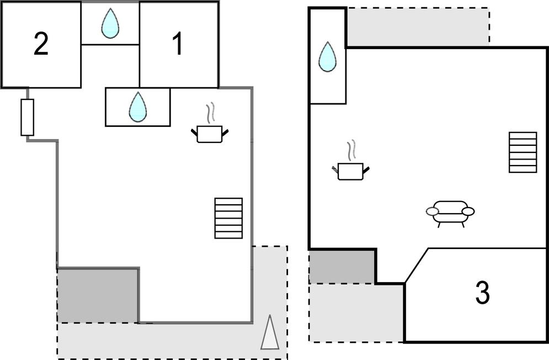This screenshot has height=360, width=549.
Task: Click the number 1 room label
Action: (x=178, y=44)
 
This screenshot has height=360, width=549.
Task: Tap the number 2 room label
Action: (x=41, y=45)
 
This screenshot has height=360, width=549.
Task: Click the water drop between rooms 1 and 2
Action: (x=110, y=24)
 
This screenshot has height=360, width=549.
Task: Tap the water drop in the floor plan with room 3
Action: (x=327, y=57)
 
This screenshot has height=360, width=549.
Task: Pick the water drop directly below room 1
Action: (x=137, y=107)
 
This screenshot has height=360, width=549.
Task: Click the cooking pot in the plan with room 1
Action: (x=210, y=134)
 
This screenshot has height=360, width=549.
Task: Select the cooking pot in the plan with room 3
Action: (x=350, y=171)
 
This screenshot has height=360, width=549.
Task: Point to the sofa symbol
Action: (x=450, y=210)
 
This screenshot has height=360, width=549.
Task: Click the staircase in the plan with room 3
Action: (x=523, y=152)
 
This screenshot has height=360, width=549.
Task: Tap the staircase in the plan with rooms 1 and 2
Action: (x=228, y=218)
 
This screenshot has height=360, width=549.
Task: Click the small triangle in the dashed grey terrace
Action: (x=269, y=333)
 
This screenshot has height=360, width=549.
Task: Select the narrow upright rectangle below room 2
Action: (x=28, y=117)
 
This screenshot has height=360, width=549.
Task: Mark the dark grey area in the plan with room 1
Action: (x=98, y=295)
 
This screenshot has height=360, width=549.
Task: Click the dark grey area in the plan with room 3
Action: (x=341, y=266)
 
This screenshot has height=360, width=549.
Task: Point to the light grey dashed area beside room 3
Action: (x=356, y=312)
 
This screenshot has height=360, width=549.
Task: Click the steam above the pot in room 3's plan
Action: (x=351, y=150)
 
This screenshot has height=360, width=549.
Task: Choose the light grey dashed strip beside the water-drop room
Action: (x=417, y=27)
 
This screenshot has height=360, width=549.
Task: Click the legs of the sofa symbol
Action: (x=450, y=223)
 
